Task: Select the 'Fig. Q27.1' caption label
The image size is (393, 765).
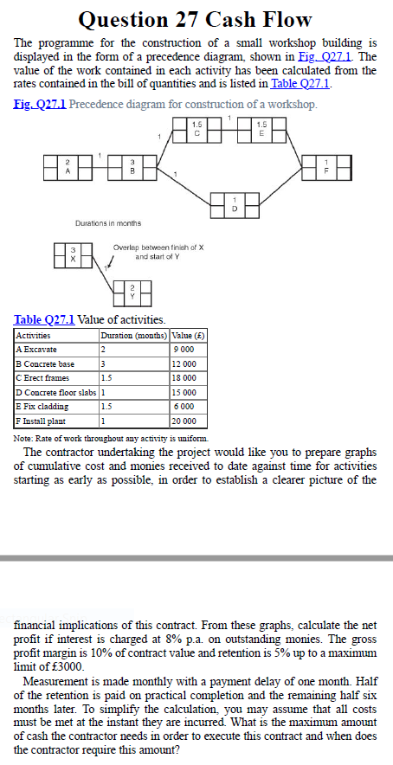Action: pyautogui.click(x=40, y=105)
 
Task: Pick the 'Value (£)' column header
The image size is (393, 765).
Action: pyautogui.click(x=187, y=335)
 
